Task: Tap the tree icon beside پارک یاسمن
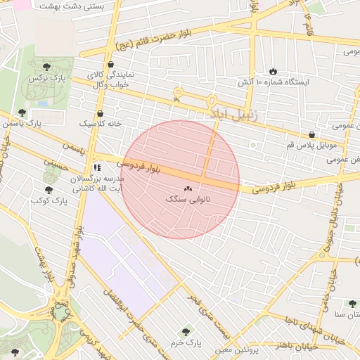click(x=22, y=112)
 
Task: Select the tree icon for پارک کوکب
click(x=49, y=190)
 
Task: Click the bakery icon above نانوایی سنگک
click(x=188, y=188)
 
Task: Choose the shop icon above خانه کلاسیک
click(x=100, y=112)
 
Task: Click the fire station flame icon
click(x=273, y=72)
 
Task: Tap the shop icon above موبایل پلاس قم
click(x=311, y=134)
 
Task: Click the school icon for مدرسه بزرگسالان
click(x=96, y=168)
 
